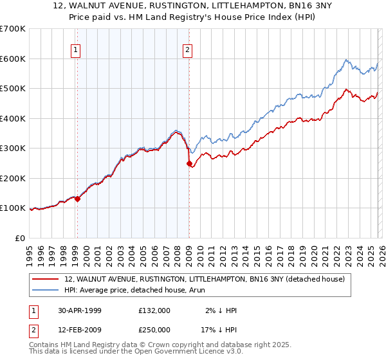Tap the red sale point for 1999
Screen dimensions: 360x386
(x=78, y=199)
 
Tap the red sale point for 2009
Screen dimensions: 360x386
(x=189, y=164)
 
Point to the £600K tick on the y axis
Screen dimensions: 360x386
(x=14, y=59)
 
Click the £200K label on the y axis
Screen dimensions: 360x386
(x=14, y=178)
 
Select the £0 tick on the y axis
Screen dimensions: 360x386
(x=19, y=238)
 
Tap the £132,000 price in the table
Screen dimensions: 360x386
(x=154, y=310)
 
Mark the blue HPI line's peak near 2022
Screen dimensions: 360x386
(x=345, y=60)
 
